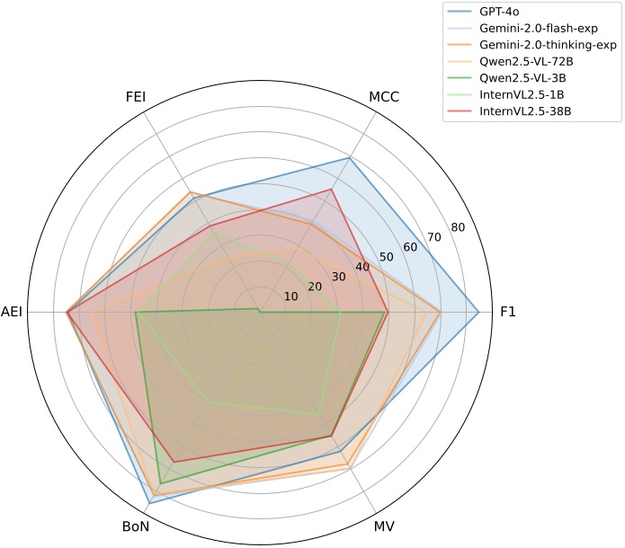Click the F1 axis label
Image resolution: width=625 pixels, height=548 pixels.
pos(508,312)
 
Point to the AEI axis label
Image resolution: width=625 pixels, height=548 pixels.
pos(13,312)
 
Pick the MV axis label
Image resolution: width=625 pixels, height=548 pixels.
pos(384,526)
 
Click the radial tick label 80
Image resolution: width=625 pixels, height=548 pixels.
pos(457,227)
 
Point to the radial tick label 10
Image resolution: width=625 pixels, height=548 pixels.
pos(290,296)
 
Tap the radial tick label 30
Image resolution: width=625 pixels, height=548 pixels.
pos(338,277)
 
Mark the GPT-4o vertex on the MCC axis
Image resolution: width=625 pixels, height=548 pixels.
pos(349,158)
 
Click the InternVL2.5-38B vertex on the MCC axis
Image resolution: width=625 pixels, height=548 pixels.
pos(332,189)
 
